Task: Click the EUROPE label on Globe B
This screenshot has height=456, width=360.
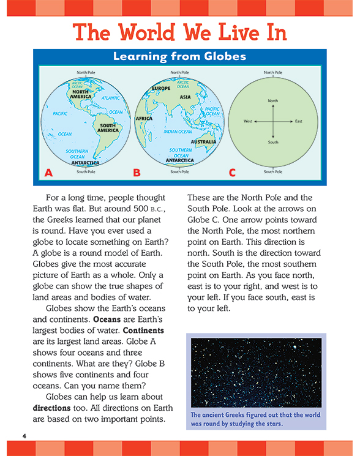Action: click(161, 88)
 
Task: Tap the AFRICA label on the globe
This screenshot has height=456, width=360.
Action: click(144, 118)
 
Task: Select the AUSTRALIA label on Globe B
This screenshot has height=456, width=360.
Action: click(203, 141)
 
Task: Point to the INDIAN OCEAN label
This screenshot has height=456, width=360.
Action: click(178, 132)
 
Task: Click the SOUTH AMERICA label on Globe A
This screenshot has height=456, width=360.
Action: click(108, 128)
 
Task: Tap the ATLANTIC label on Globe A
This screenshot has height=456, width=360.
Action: click(111, 98)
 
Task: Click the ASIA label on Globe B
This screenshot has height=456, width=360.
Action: click(185, 97)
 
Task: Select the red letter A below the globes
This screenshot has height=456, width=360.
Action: click(49, 173)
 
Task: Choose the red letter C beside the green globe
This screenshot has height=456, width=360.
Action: click(232, 173)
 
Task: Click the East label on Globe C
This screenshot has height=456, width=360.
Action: click(298, 121)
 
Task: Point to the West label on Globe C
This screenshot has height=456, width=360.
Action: click(248, 121)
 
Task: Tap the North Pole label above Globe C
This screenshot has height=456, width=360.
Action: click(273, 72)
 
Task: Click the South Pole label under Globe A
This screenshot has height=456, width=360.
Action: click(86, 172)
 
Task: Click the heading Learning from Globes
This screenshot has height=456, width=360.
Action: click(179, 57)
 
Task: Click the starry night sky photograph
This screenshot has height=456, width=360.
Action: click(257, 372)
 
